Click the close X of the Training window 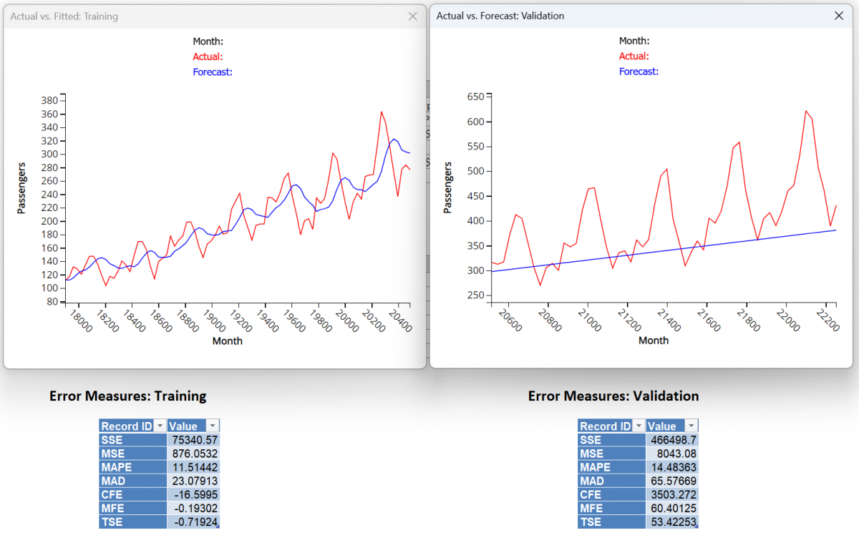coord(412,16)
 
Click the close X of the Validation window coord(839,16)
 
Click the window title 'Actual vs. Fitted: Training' coord(64,16)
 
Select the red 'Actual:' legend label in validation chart coord(634,57)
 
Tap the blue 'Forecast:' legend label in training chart coord(213,72)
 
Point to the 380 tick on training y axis coord(48,101)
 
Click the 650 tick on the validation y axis coord(474,97)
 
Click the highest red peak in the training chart coord(381,112)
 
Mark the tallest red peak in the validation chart coord(805,111)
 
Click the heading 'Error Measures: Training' coord(127,396)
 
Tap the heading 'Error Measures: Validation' coord(613,396)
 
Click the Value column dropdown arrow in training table coord(213,426)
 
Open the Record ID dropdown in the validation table coord(639,426)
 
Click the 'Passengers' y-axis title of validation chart coord(448,187)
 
